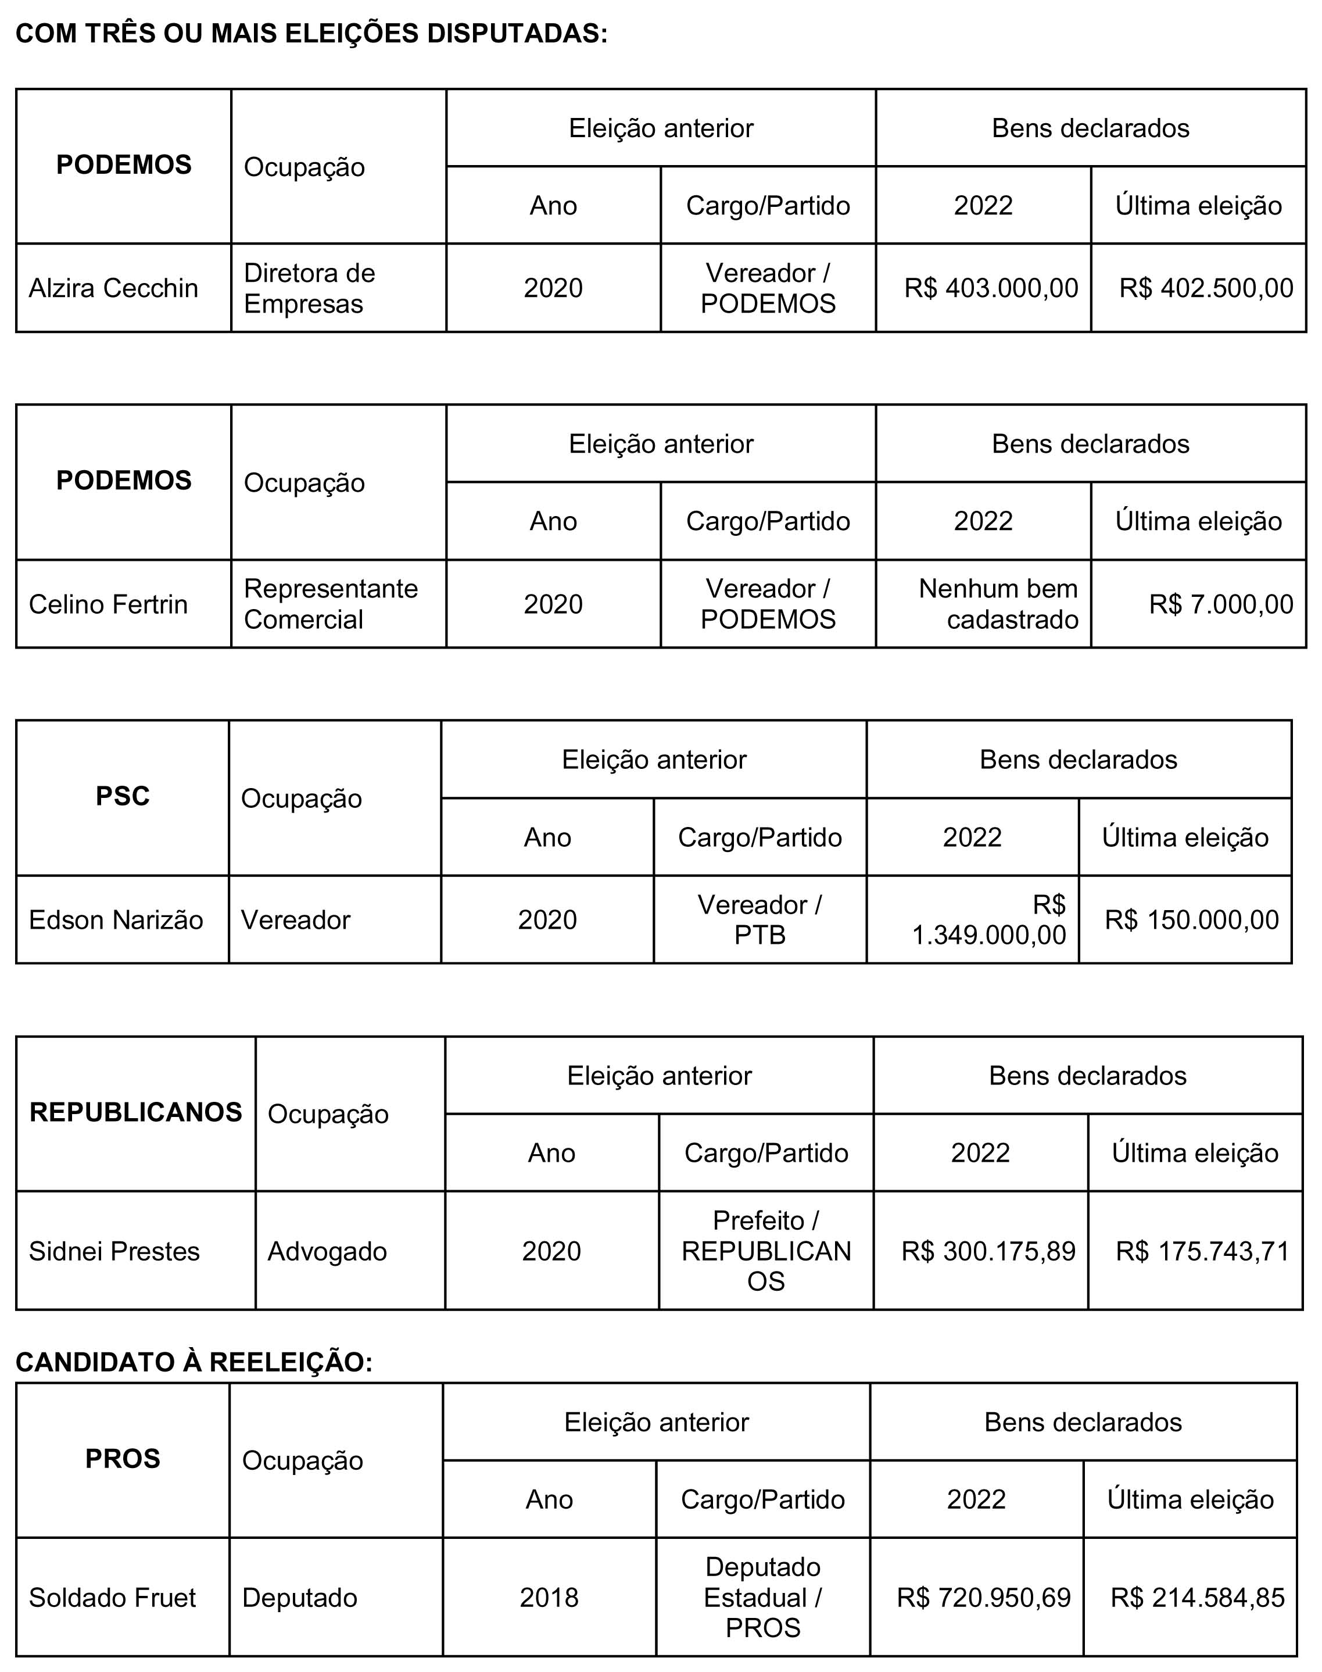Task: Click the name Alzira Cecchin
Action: tap(114, 288)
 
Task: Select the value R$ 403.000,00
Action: tap(991, 288)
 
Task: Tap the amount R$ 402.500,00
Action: tap(1206, 288)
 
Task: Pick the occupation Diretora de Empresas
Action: tap(310, 288)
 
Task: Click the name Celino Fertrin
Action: tap(108, 604)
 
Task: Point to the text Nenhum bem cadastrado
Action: tap(998, 604)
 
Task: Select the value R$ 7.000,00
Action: tap(1221, 604)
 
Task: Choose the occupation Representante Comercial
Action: tap(331, 604)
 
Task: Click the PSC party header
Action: tap(122, 797)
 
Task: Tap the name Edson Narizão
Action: tap(116, 919)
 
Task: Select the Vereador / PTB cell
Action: tap(759, 919)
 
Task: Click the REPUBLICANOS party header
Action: tap(135, 1112)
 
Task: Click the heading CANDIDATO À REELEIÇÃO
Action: tap(194, 1362)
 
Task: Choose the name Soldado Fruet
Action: tap(112, 1597)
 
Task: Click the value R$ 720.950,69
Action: tap(984, 1597)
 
